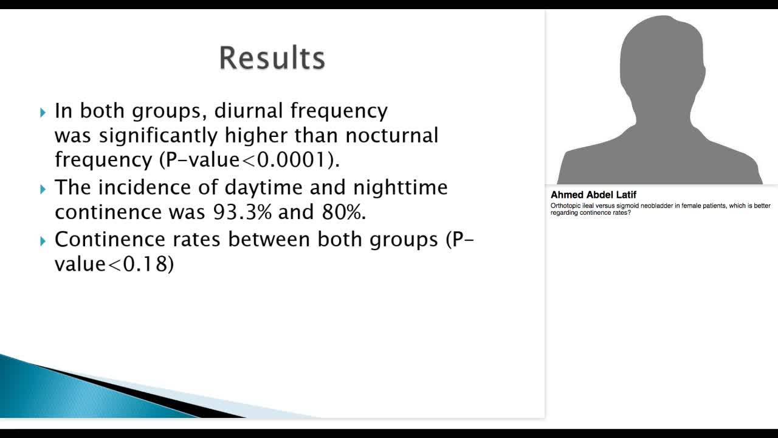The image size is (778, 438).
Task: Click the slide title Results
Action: (x=272, y=58)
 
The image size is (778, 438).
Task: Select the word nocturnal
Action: (x=387, y=135)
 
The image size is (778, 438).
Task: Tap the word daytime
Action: (x=266, y=187)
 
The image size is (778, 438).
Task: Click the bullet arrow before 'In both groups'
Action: (x=43, y=112)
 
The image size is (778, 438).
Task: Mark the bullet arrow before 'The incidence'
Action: (x=43, y=189)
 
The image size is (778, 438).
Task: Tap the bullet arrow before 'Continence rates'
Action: (x=43, y=241)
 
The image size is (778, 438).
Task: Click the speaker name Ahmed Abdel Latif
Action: (x=593, y=195)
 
